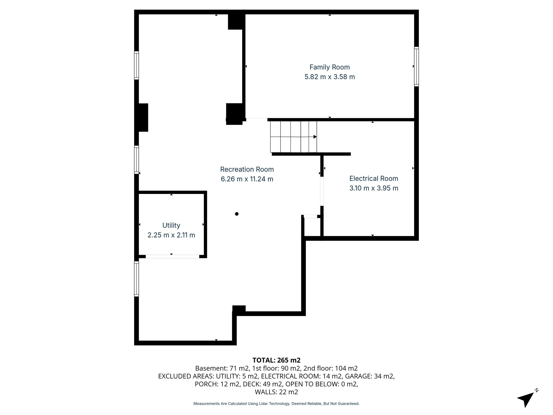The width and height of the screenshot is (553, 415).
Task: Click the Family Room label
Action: (329, 67)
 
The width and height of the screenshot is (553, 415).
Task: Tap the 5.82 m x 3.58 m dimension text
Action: (329, 77)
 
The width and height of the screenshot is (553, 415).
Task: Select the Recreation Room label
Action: (247, 169)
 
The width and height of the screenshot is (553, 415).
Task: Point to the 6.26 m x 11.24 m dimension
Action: (247, 179)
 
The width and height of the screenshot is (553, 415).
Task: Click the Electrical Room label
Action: (373, 178)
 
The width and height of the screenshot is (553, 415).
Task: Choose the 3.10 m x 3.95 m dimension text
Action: (373, 188)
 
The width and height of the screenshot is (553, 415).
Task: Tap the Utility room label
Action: (171, 225)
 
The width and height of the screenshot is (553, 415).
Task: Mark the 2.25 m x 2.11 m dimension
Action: (171, 235)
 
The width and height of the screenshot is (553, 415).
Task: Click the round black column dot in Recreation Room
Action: (237, 214)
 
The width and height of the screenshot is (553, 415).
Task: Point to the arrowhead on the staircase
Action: (315, 137)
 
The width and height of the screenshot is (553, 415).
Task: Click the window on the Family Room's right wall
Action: (416, 67)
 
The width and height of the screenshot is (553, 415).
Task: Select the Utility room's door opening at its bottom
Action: (172, 256)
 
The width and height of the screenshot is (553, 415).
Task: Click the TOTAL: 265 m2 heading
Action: (276, 360)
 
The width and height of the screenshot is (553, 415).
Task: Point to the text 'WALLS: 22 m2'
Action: (276, 392)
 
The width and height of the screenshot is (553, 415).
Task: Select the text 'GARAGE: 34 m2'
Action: (370, 376)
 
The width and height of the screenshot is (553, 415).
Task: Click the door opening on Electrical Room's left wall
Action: (322, 191)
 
